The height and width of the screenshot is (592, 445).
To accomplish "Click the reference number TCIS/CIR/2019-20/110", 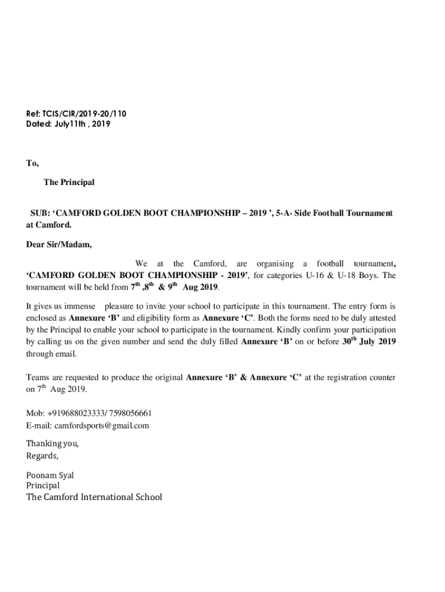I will pos(84,114).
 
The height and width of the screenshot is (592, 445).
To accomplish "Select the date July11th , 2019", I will pos(81,124).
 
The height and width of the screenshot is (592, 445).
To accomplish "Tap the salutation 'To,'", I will pos(32,164).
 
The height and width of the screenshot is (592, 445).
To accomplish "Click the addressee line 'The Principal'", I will pos(69,183).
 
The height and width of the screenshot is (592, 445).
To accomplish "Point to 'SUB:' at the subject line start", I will pos(40,213).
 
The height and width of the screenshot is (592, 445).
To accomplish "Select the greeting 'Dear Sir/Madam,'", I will pos(59,244).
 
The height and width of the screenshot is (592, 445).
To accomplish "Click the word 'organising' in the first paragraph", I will pos(275,264).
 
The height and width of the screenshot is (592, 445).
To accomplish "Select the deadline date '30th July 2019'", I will pos(369,341).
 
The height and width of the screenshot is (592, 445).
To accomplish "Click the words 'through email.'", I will pos(51,354).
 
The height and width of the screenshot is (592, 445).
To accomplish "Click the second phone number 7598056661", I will pos(132,413).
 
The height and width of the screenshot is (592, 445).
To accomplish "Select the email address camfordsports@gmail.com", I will pos(102,425).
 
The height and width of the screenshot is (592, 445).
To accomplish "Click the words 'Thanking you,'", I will pos(53,443).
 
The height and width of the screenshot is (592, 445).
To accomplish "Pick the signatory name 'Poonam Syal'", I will pos(50,476).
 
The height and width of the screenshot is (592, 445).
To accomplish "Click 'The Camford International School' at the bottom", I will pos(94,497).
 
